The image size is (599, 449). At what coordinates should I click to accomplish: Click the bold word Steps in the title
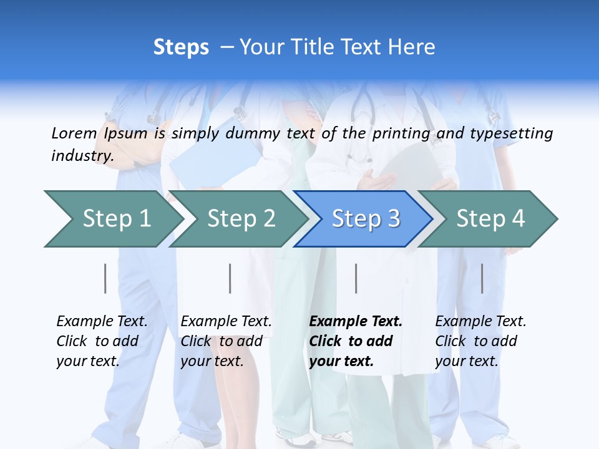pyautogui.click(x=181, y=47)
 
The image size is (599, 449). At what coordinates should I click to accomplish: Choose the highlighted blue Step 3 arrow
pyautogui.click(x=366, y=219)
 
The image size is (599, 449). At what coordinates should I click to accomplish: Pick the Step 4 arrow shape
pyautogui.click(x=490, y=219)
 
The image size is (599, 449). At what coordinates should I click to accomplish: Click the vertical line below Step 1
pyautogui.click(x=105, y=278)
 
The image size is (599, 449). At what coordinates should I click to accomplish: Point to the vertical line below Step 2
pyautogui.click(x=230, y=278)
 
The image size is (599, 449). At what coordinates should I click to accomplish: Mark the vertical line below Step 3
pyautogui.click(x=356, y=278)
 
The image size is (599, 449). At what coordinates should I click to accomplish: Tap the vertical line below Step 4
pyautogui.click(x=482, y=278)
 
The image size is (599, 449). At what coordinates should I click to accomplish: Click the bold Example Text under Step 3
pyautogui.click(x=356, y=341)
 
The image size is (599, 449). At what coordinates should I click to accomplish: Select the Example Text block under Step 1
pyautogui.click(x=102, y=341)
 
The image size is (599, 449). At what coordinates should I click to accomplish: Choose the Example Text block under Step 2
pyautogui.click(x=226, y=341)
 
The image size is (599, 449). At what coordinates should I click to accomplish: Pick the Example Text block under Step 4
pyautogui.click(x=480, y=341)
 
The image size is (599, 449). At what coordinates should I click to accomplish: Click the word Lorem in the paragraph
pyautogui.click(x=74, y=133)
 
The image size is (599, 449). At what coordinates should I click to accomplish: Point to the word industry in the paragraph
pyautogui.click(x=82, y=156)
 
